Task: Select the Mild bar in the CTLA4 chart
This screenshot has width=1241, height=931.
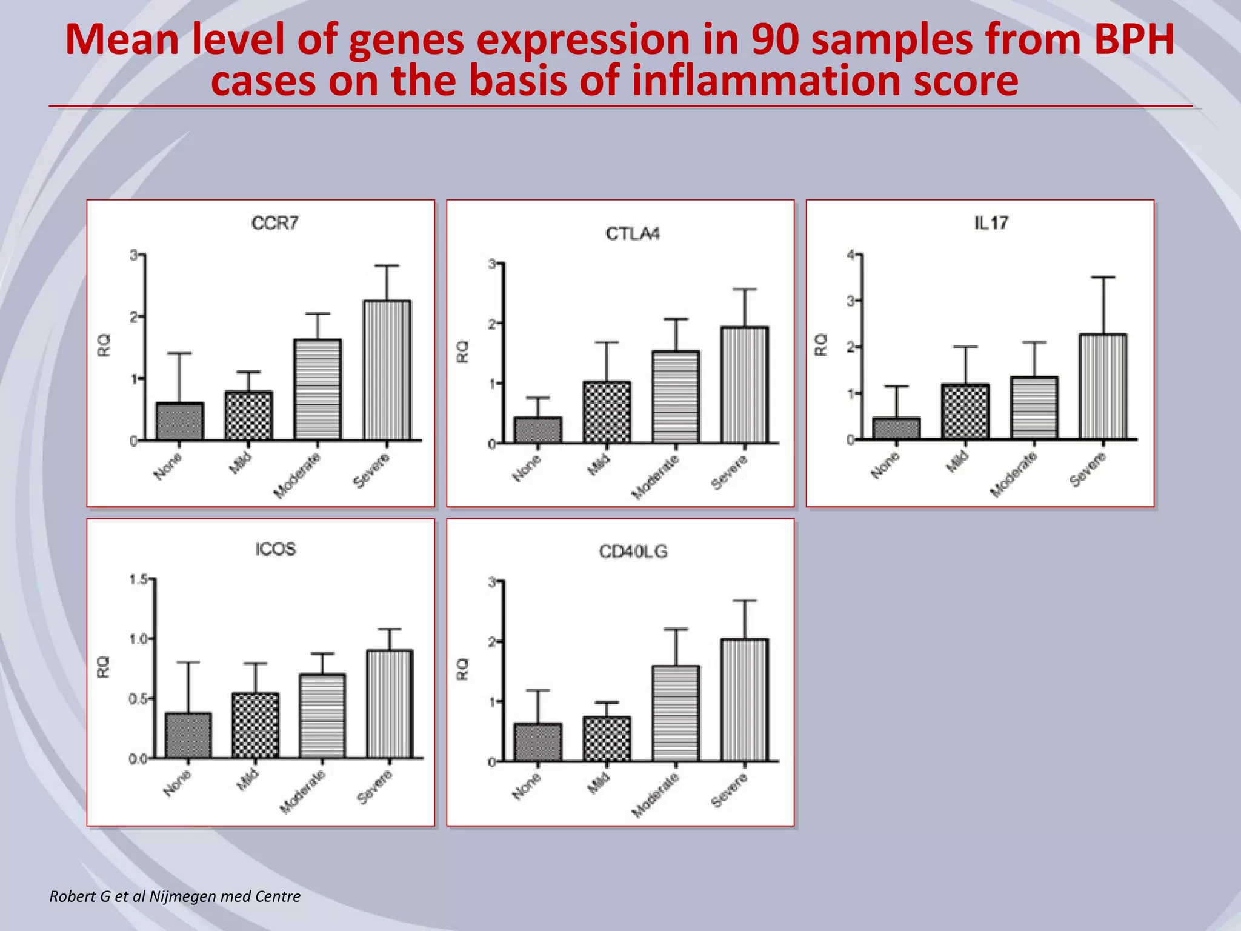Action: (607, 412)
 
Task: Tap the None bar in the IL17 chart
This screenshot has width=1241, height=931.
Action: (896, 428)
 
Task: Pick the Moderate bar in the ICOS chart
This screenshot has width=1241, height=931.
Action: (322, 716)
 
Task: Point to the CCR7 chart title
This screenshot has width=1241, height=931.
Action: (275, 224)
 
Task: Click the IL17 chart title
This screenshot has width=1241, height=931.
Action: (991, 223)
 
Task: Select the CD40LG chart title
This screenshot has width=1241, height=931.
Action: (633, 552)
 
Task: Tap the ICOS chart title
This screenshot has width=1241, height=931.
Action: (276, 549)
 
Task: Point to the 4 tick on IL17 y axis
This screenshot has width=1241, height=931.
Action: (851, 255)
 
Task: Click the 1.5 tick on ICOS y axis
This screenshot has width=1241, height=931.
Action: (138, 579)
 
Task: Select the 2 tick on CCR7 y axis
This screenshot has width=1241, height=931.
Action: (134, 316)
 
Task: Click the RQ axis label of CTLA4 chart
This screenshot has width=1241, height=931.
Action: (462, 352)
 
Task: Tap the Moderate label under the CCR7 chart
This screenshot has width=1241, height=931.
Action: (297, 476)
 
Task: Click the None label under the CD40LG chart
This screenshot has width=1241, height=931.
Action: (527, 786)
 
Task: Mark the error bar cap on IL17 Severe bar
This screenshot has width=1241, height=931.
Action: (1103, 278)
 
